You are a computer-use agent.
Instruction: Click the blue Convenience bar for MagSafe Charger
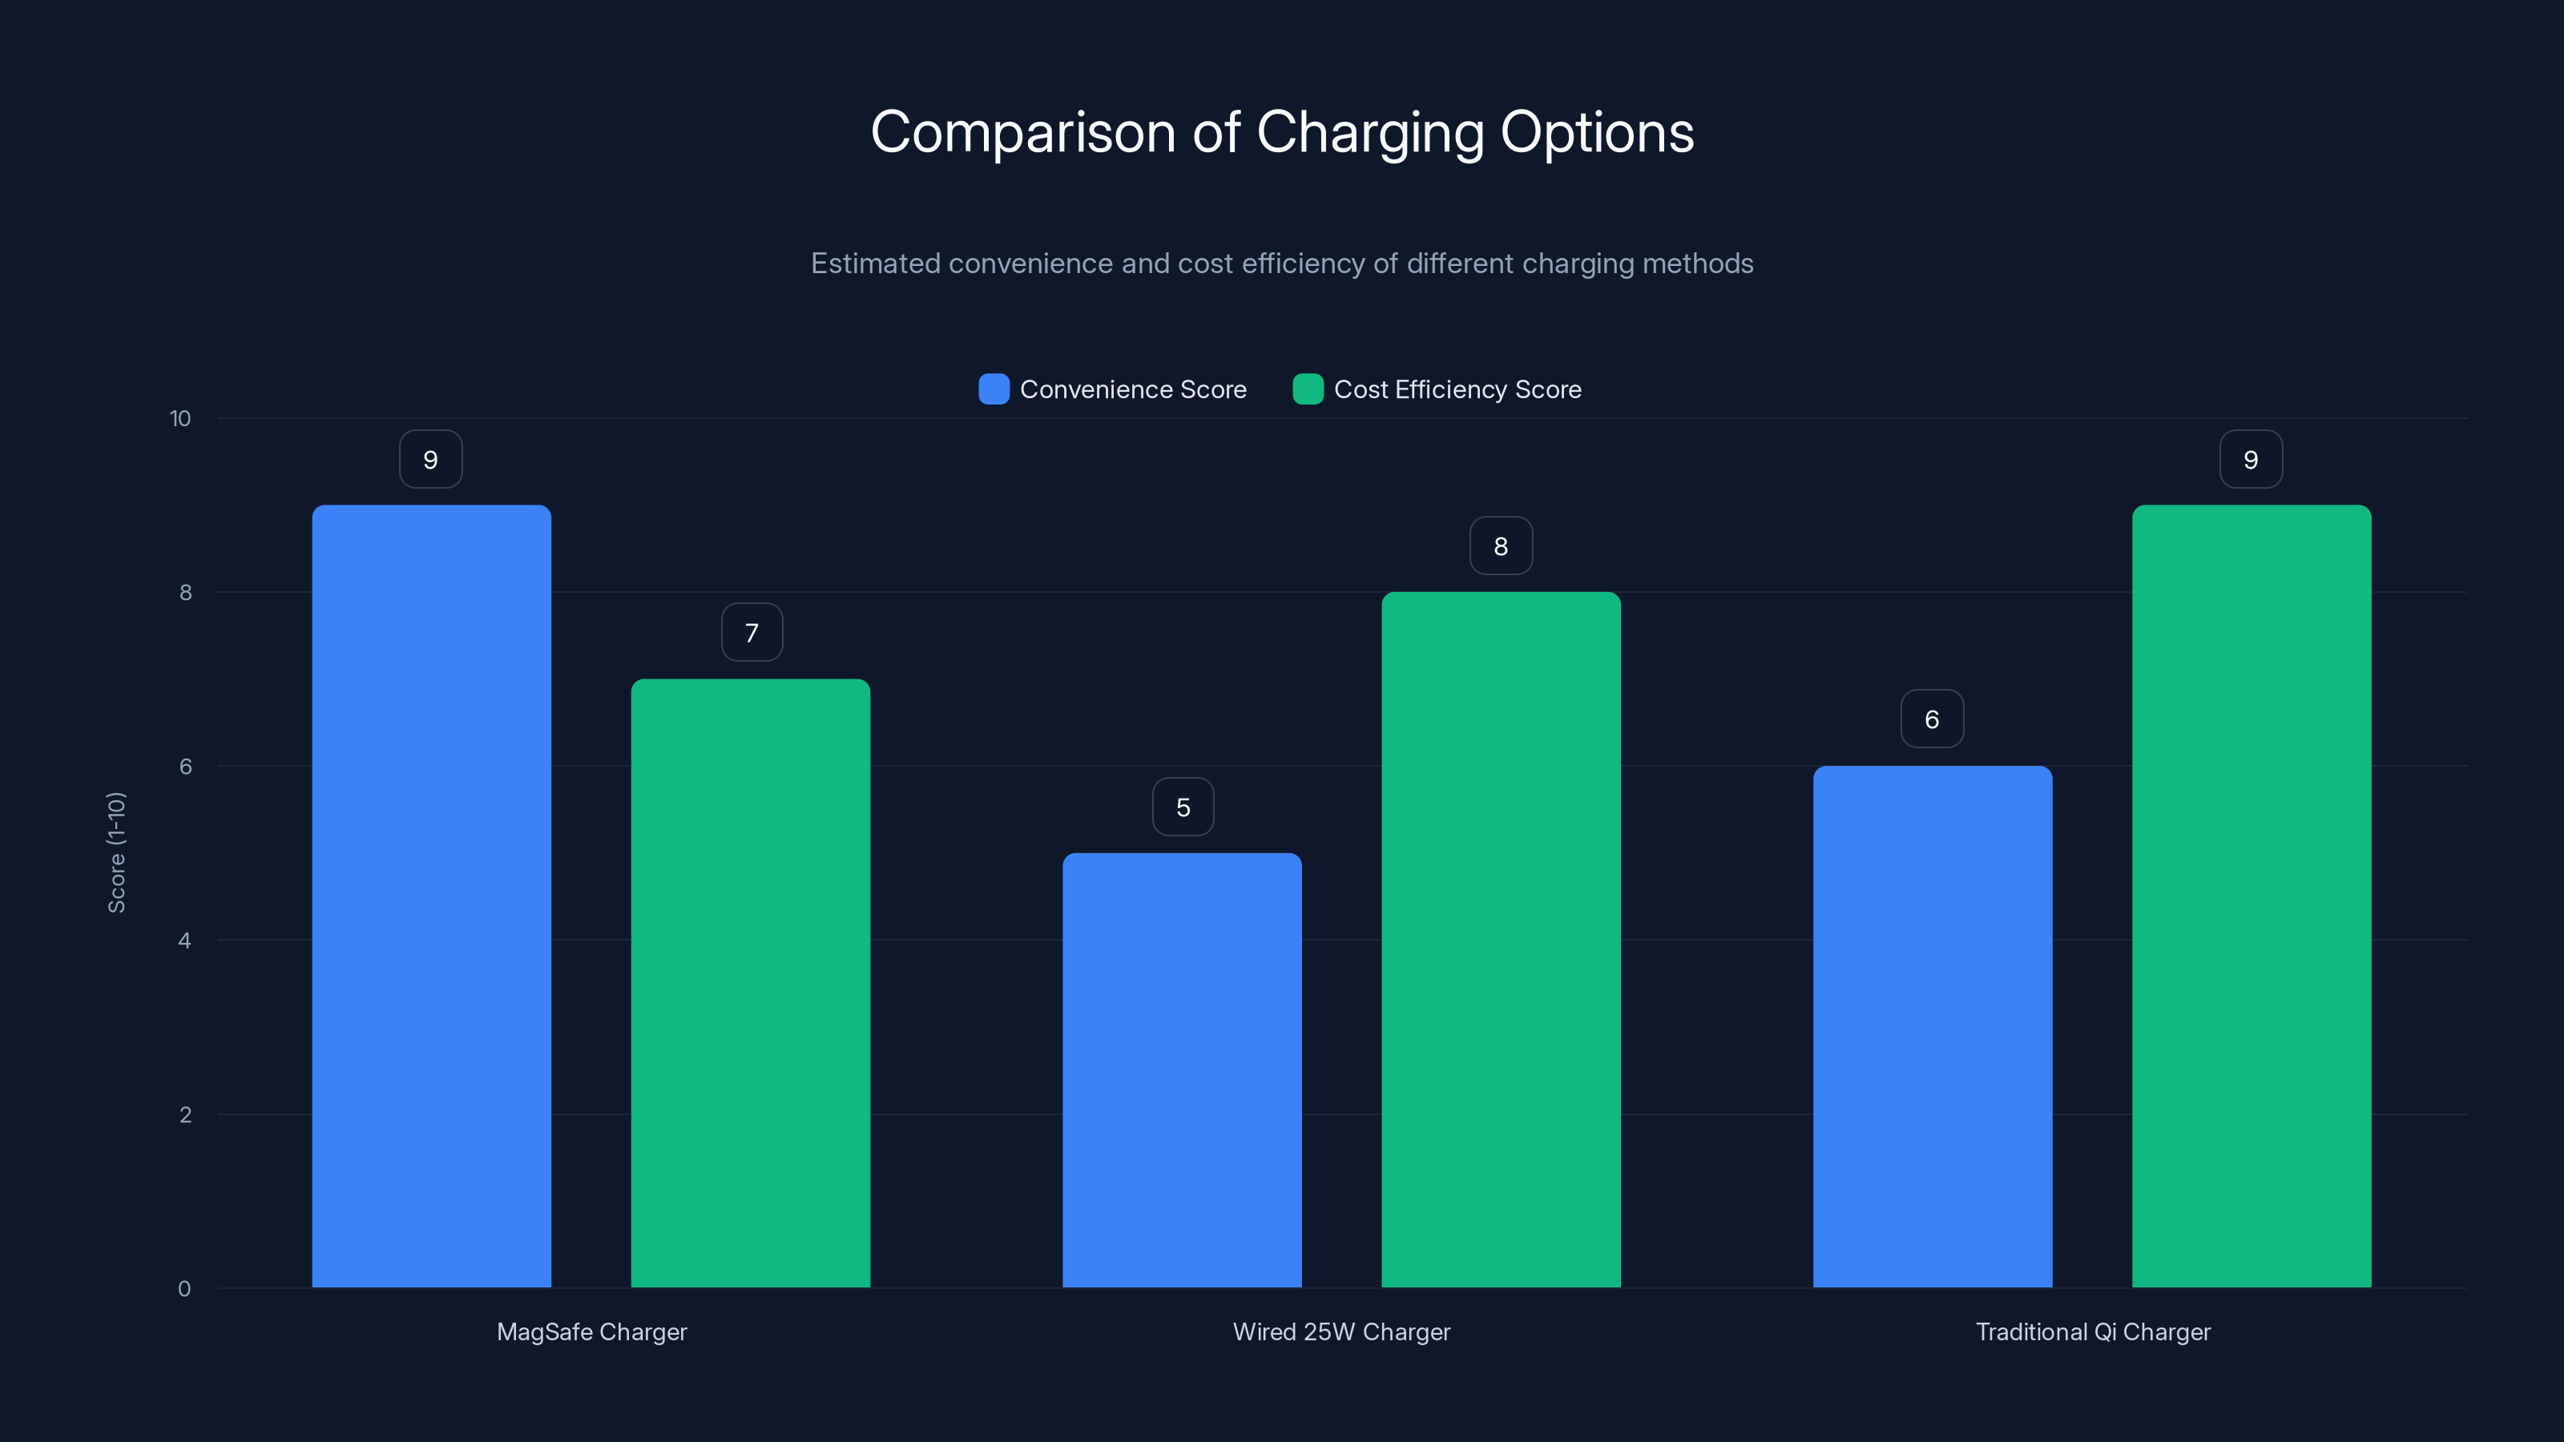431,896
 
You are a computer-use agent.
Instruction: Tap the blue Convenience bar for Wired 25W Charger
1182,1069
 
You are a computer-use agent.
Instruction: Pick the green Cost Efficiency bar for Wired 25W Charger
1501,940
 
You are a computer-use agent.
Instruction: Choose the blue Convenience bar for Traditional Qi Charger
1932,1026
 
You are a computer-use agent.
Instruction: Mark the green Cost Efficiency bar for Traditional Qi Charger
2252,896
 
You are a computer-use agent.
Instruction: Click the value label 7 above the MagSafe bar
752,633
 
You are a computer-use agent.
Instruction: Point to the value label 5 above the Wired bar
1183,807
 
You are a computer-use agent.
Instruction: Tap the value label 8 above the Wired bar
1501,546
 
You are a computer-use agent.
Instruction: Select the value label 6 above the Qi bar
1932,719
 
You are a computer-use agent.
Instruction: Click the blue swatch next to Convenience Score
994,389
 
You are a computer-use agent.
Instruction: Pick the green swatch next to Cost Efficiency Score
1307,389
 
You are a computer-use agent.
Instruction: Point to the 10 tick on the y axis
180,419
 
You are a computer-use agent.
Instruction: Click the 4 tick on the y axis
184,941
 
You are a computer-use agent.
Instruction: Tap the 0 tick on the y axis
184,1289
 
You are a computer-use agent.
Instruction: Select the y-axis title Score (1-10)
116,853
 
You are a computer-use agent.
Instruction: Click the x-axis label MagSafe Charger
591,1331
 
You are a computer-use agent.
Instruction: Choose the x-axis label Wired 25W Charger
1340,1331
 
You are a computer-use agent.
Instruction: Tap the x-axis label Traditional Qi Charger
2092,1331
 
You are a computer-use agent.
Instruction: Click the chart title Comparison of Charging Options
1282,132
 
